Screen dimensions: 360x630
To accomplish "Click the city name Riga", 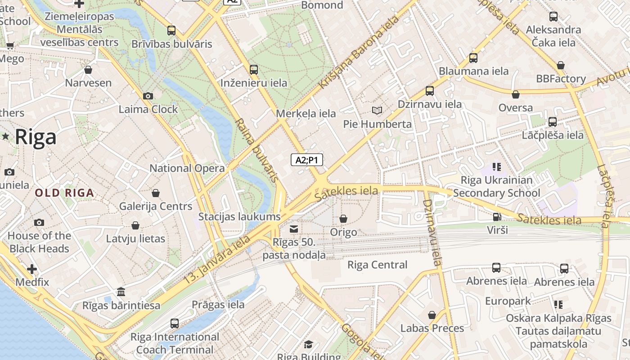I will [36, 137].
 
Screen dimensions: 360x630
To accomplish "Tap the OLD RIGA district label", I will [65, 193].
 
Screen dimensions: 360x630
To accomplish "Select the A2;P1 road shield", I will [307, 160].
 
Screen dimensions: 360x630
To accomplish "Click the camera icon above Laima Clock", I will [148, 96].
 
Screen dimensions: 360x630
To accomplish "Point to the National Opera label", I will [187, 168].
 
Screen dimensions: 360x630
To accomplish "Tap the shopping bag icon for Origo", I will [343, 219].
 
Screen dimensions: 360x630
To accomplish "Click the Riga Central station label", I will [377, 265].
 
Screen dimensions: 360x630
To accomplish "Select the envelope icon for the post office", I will [294, 229].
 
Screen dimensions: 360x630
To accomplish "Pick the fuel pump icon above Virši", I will [497, 217].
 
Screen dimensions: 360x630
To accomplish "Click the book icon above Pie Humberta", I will [377, 110].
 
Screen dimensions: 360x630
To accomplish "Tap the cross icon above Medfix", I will [32, 269].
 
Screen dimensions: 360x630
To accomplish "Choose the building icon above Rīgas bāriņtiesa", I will [121, 292].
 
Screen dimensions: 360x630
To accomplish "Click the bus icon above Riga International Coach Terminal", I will [175, 323].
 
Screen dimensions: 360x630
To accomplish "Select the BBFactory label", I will [561, 79].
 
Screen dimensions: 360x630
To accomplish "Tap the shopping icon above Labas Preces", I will [432, 315].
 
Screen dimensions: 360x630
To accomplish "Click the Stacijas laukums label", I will [239, 216].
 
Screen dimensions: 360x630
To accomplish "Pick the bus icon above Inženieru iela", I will [254, 70].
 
